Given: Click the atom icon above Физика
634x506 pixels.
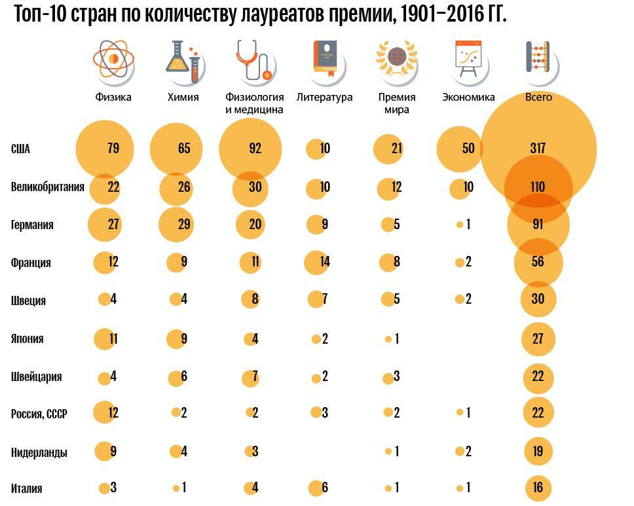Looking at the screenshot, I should (113, 59).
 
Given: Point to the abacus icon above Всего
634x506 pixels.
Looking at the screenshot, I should (538, 58).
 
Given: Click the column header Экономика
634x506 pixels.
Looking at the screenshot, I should (468, 98).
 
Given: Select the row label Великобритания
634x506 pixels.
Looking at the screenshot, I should (48, 187).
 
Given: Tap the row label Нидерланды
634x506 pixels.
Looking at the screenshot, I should (39, 452).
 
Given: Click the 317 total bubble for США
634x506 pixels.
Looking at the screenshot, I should (538, 149).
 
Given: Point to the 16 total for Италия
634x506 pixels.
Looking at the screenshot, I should (538, 488).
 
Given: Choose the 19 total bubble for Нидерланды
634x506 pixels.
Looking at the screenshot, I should (538, 452).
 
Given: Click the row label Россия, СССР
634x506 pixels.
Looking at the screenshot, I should (39, 414).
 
